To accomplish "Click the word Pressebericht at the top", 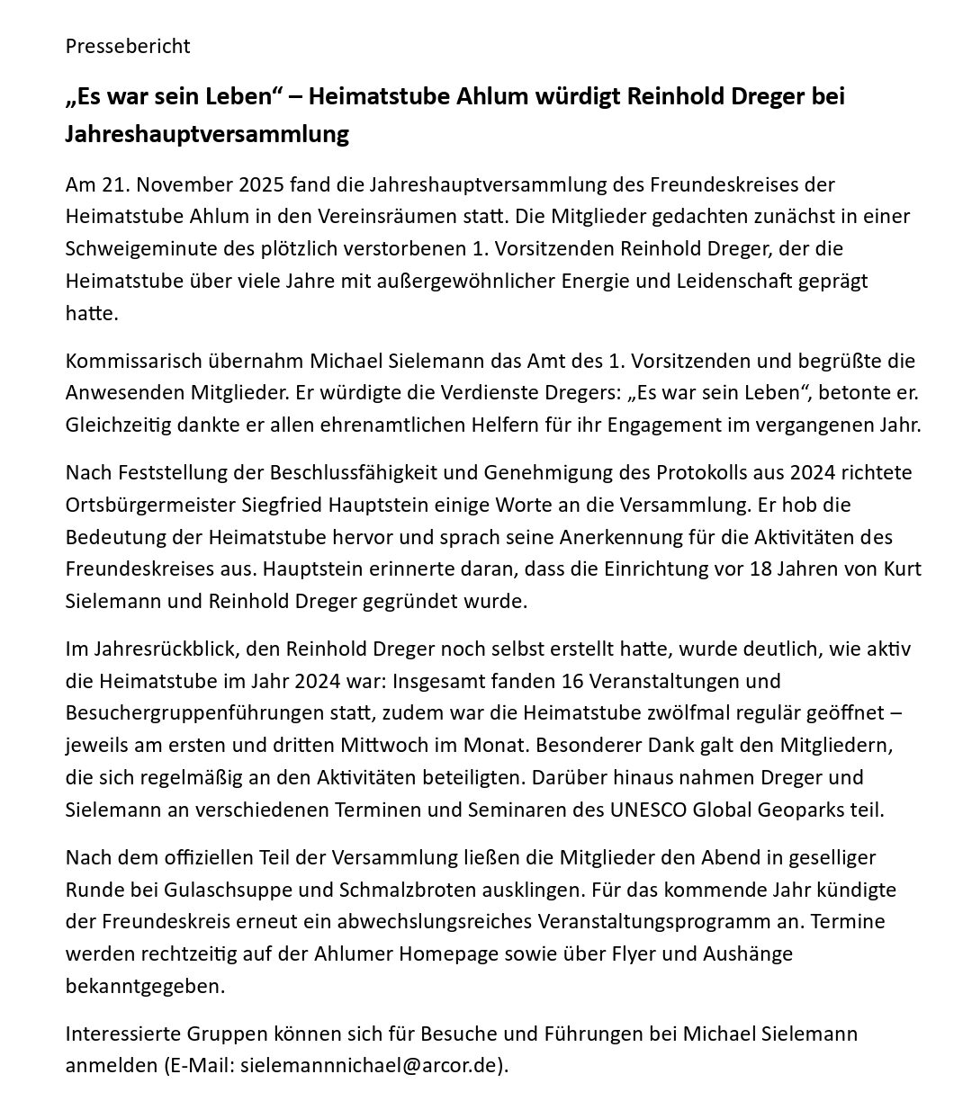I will pyautogui.click(x=128, y=46).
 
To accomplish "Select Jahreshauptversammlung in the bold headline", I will pyautogui.click(x=207, y=135).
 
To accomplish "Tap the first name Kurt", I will pyautogui.click(x=900, y=569).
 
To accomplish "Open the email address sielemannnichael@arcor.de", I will pyautogui.click(x=371, y=1066).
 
